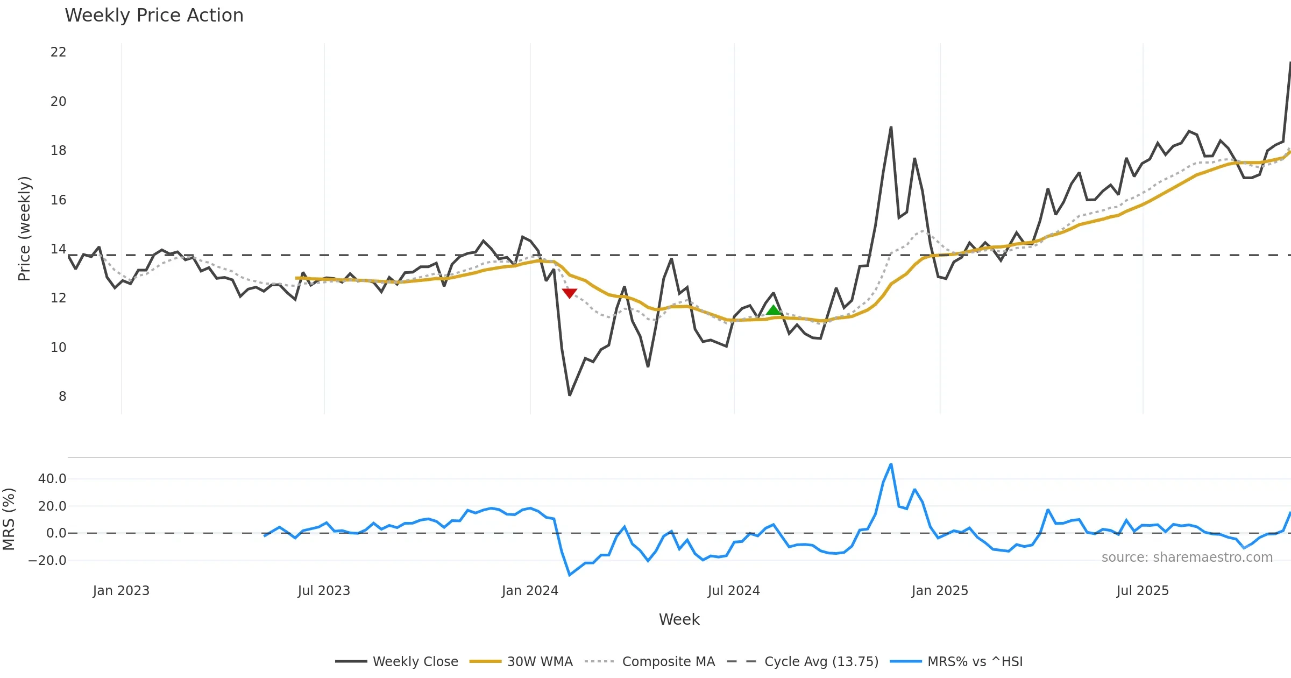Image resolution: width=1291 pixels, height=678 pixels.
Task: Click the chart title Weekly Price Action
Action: [154, 16]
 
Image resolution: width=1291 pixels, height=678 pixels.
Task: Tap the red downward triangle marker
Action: [570, 293]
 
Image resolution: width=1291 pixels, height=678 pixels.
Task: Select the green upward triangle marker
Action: [773, 309]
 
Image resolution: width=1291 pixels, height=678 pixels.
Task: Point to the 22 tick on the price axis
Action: [58, 52]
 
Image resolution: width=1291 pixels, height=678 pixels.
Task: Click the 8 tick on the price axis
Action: [62, 397]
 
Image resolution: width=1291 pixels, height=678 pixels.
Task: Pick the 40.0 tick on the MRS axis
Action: [52, 479]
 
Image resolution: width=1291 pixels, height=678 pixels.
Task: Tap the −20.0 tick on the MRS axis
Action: [47, 561]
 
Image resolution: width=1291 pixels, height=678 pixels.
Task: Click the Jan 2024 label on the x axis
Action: [530, 591]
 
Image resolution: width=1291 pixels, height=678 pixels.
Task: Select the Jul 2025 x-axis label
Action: [1143, 591]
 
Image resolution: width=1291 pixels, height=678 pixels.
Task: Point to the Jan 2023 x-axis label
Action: [121, 591]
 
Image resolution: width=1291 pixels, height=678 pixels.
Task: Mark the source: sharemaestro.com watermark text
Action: [1187, 557]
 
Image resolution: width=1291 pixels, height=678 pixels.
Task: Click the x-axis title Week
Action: [679, 620]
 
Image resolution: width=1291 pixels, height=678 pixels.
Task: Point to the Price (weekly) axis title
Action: [24, 229]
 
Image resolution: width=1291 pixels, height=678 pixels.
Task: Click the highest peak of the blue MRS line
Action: [891, 464]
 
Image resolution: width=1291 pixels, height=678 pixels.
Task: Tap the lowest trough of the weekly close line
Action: [570, 395]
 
